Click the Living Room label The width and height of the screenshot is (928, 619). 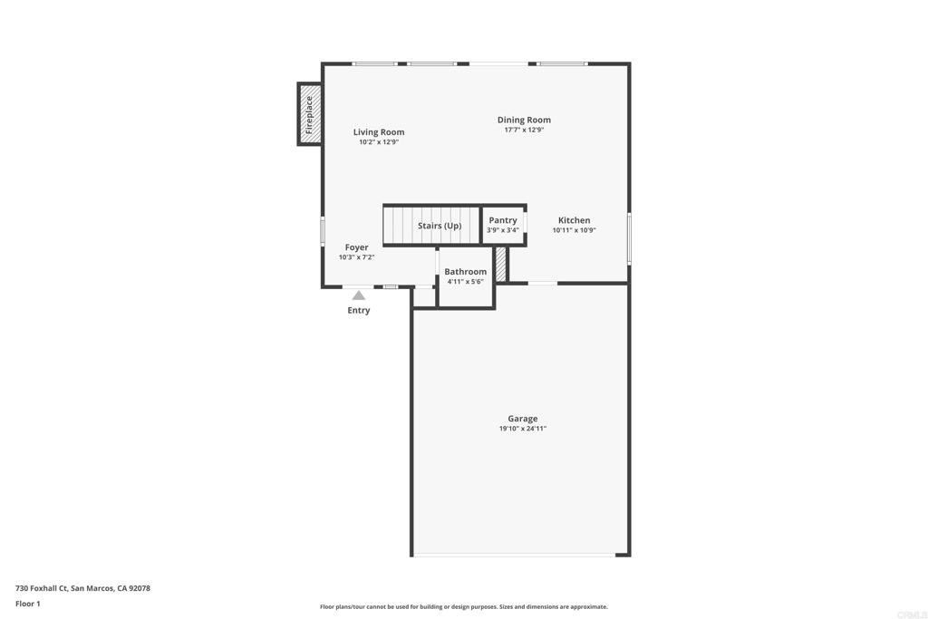click(379, 132)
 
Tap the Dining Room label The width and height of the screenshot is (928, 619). click(524, 120)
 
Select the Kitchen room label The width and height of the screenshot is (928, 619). click(574, 220)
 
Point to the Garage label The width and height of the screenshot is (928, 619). click(523, 419)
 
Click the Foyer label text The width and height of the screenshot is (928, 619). click(356, 247)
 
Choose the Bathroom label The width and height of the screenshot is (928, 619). click(465, 272)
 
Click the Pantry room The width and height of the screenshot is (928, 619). click(503, 225)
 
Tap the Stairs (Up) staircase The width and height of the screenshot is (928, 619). click(431, 225)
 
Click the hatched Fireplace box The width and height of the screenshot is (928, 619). click(310, 113)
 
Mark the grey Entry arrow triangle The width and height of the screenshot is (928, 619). click(359, 295)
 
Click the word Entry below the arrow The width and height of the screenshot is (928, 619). click(359, 310)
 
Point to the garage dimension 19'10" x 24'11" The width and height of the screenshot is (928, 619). click(523, 429)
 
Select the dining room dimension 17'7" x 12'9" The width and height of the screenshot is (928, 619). click(524, 130)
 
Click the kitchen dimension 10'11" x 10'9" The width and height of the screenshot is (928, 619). click(574, 230)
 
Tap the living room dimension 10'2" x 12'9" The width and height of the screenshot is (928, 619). click(379, 142)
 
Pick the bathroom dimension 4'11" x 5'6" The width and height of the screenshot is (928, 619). click(465, 282)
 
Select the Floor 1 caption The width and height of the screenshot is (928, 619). click(28, 604)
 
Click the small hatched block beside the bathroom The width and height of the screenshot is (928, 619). click(500, 264)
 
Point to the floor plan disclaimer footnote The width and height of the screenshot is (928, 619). click(464, 606)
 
